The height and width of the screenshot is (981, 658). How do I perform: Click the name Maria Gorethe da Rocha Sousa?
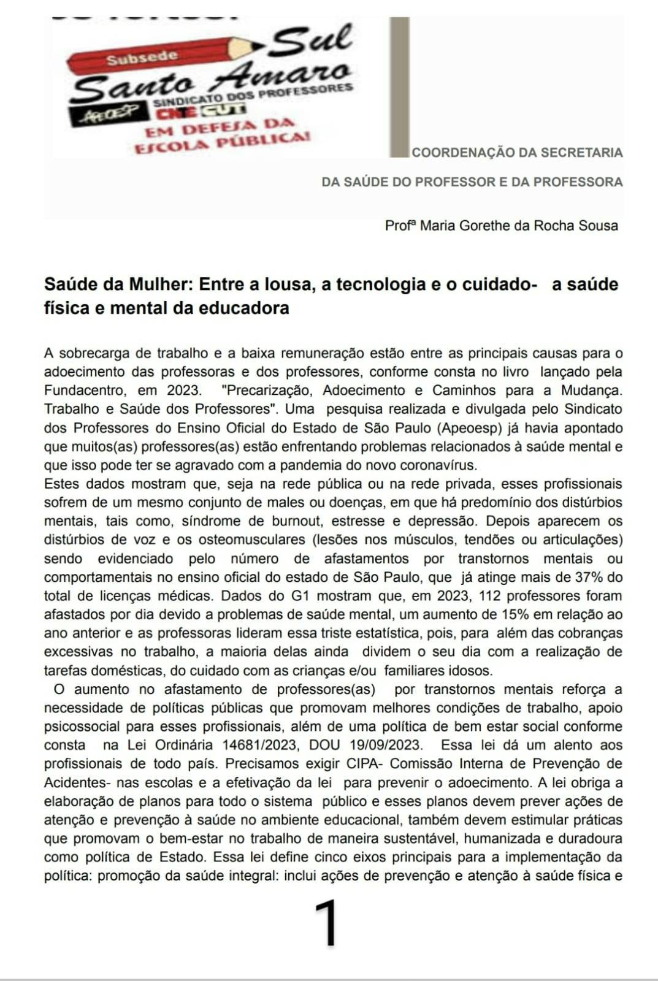(519, 226)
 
